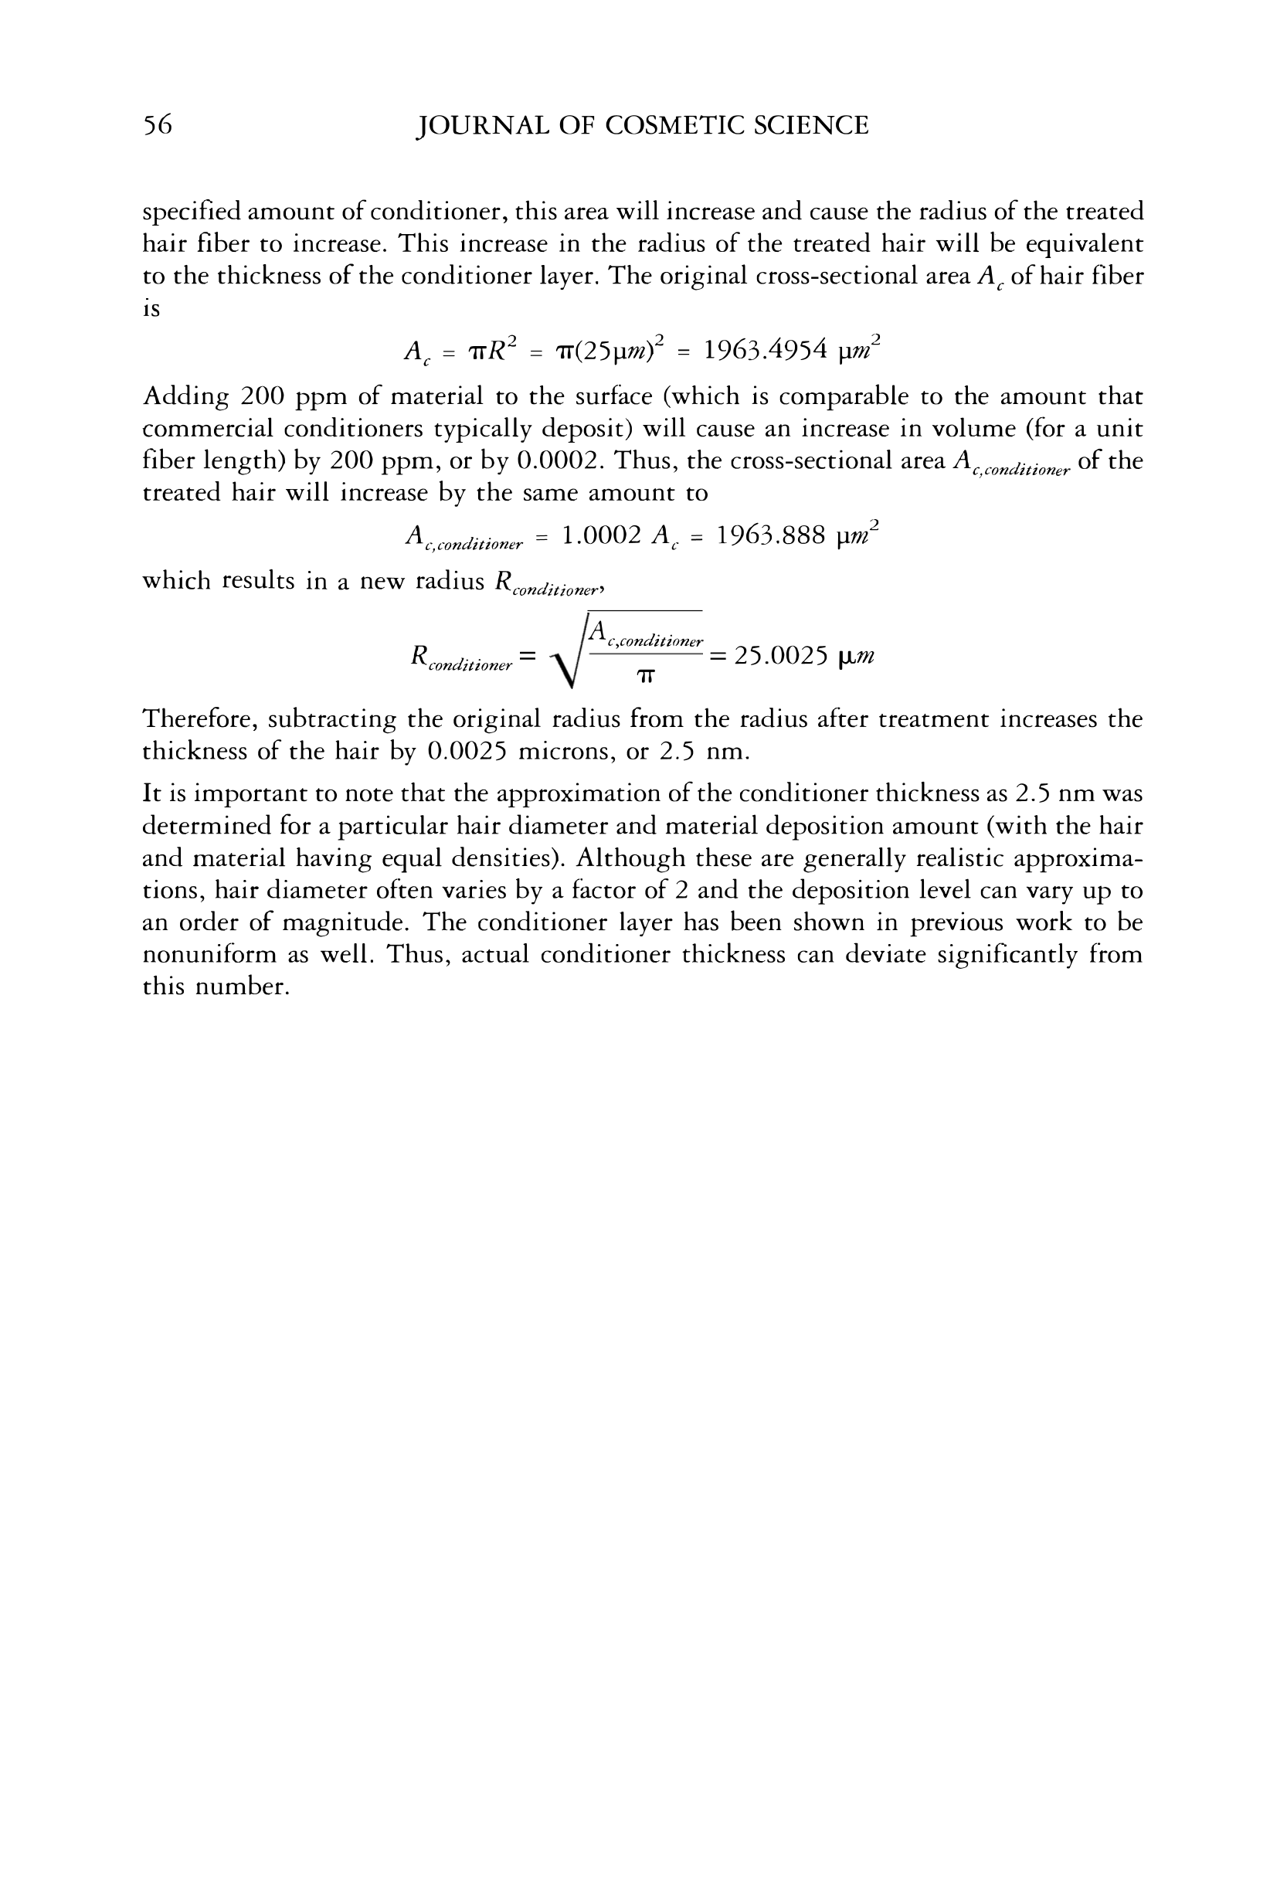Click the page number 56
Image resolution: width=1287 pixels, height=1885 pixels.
point(158,125)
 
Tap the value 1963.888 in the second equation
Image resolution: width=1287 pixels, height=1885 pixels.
point(770,535)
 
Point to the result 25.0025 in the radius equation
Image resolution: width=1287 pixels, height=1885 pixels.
point(780,655)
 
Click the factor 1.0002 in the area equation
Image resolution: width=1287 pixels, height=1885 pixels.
point(601,535)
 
